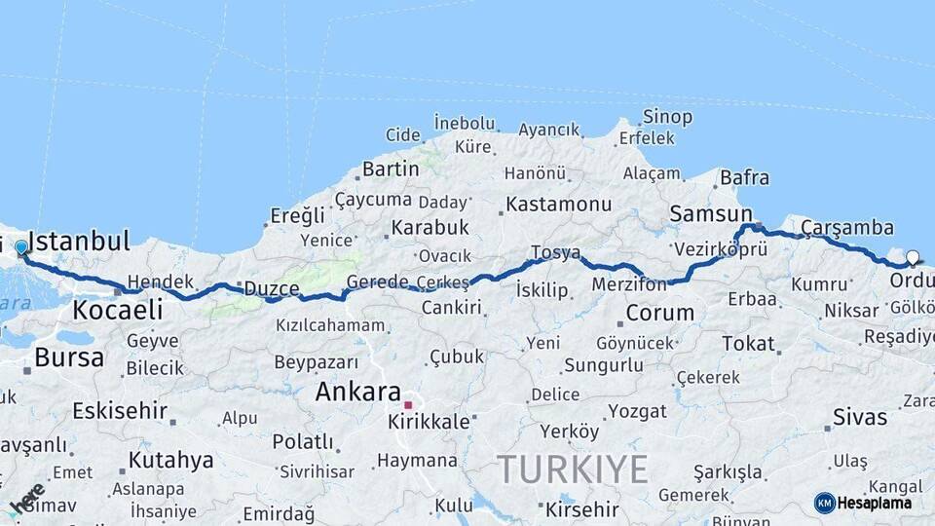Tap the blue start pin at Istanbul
coord(21,248)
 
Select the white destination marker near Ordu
coord(913,258)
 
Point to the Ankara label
coord(358,393)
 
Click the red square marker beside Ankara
coord(409,404)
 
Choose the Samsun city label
coord(711,214)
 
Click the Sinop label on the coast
coord(668,117)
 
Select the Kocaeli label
coord(117,311)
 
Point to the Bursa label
coord(69,357)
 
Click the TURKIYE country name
coord(573,470)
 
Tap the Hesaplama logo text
coord(875,503)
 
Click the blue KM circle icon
coord(824,503)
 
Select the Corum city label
coord(660,314)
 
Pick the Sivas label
coord(860,418)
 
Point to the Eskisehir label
coord(120,410)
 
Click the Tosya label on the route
coord(555,253)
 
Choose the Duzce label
coord(271,288)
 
